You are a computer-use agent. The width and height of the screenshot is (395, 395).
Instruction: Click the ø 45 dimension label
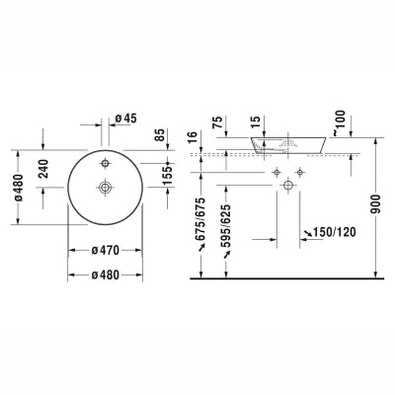126,118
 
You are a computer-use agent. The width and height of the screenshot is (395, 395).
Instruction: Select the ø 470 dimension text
106,250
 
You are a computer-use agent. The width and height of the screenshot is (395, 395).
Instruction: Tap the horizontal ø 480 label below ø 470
106,275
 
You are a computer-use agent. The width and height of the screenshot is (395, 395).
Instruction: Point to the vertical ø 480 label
19,188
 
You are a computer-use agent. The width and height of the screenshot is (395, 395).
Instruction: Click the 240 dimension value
43,169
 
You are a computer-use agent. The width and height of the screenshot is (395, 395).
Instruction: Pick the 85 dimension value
160,134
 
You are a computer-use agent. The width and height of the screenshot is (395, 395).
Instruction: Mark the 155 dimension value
168,174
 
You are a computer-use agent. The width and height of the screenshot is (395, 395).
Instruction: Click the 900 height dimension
375,204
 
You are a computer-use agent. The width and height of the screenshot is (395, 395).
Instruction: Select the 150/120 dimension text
334,232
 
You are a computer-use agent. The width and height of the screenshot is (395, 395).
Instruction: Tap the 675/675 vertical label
200,219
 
